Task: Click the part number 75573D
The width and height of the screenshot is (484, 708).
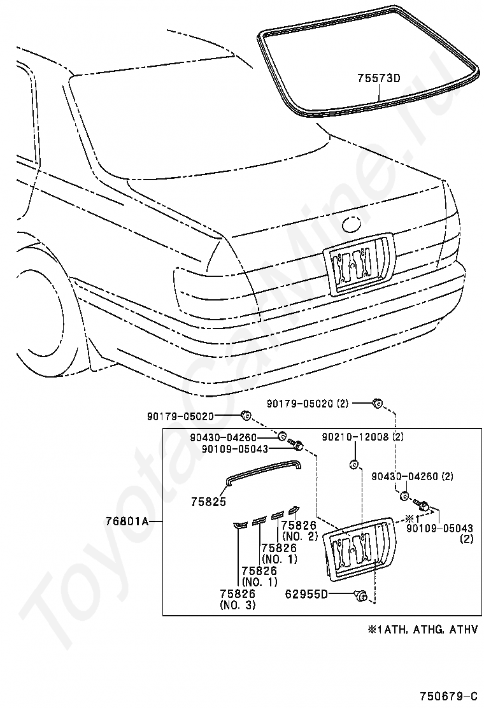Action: (x=379, y=78)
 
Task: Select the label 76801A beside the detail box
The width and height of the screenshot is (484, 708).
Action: (x=127, y=521)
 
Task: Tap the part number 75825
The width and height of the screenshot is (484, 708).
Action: (x=209, y=502)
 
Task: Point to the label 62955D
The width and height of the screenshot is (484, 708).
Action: (x=306, y=594)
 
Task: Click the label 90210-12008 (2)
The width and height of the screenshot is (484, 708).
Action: (x=363, y=437)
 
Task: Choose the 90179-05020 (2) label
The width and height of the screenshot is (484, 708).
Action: (x=308, y=403)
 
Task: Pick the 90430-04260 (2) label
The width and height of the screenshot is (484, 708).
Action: (x=413, y=476)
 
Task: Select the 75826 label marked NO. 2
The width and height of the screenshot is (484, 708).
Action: (x=299, y=530)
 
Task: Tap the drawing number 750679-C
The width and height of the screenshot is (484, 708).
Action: (x=449, y=694)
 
